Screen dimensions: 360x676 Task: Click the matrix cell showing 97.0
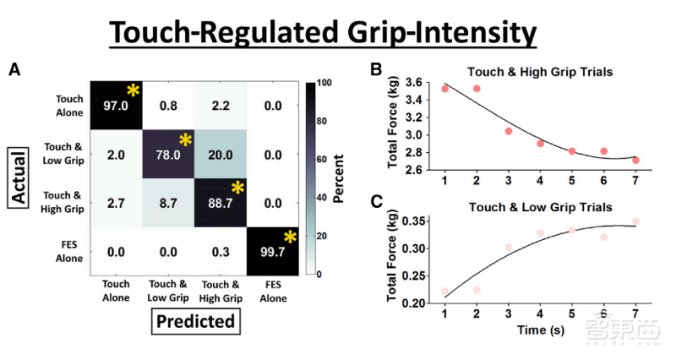(x=114, y=107)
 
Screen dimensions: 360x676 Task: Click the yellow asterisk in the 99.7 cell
(x=291, y=238)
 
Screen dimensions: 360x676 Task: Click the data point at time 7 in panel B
(x=634, y=160)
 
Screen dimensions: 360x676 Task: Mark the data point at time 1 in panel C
(x=444, y=291)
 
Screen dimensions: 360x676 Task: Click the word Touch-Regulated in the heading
(x=229, y=34)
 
